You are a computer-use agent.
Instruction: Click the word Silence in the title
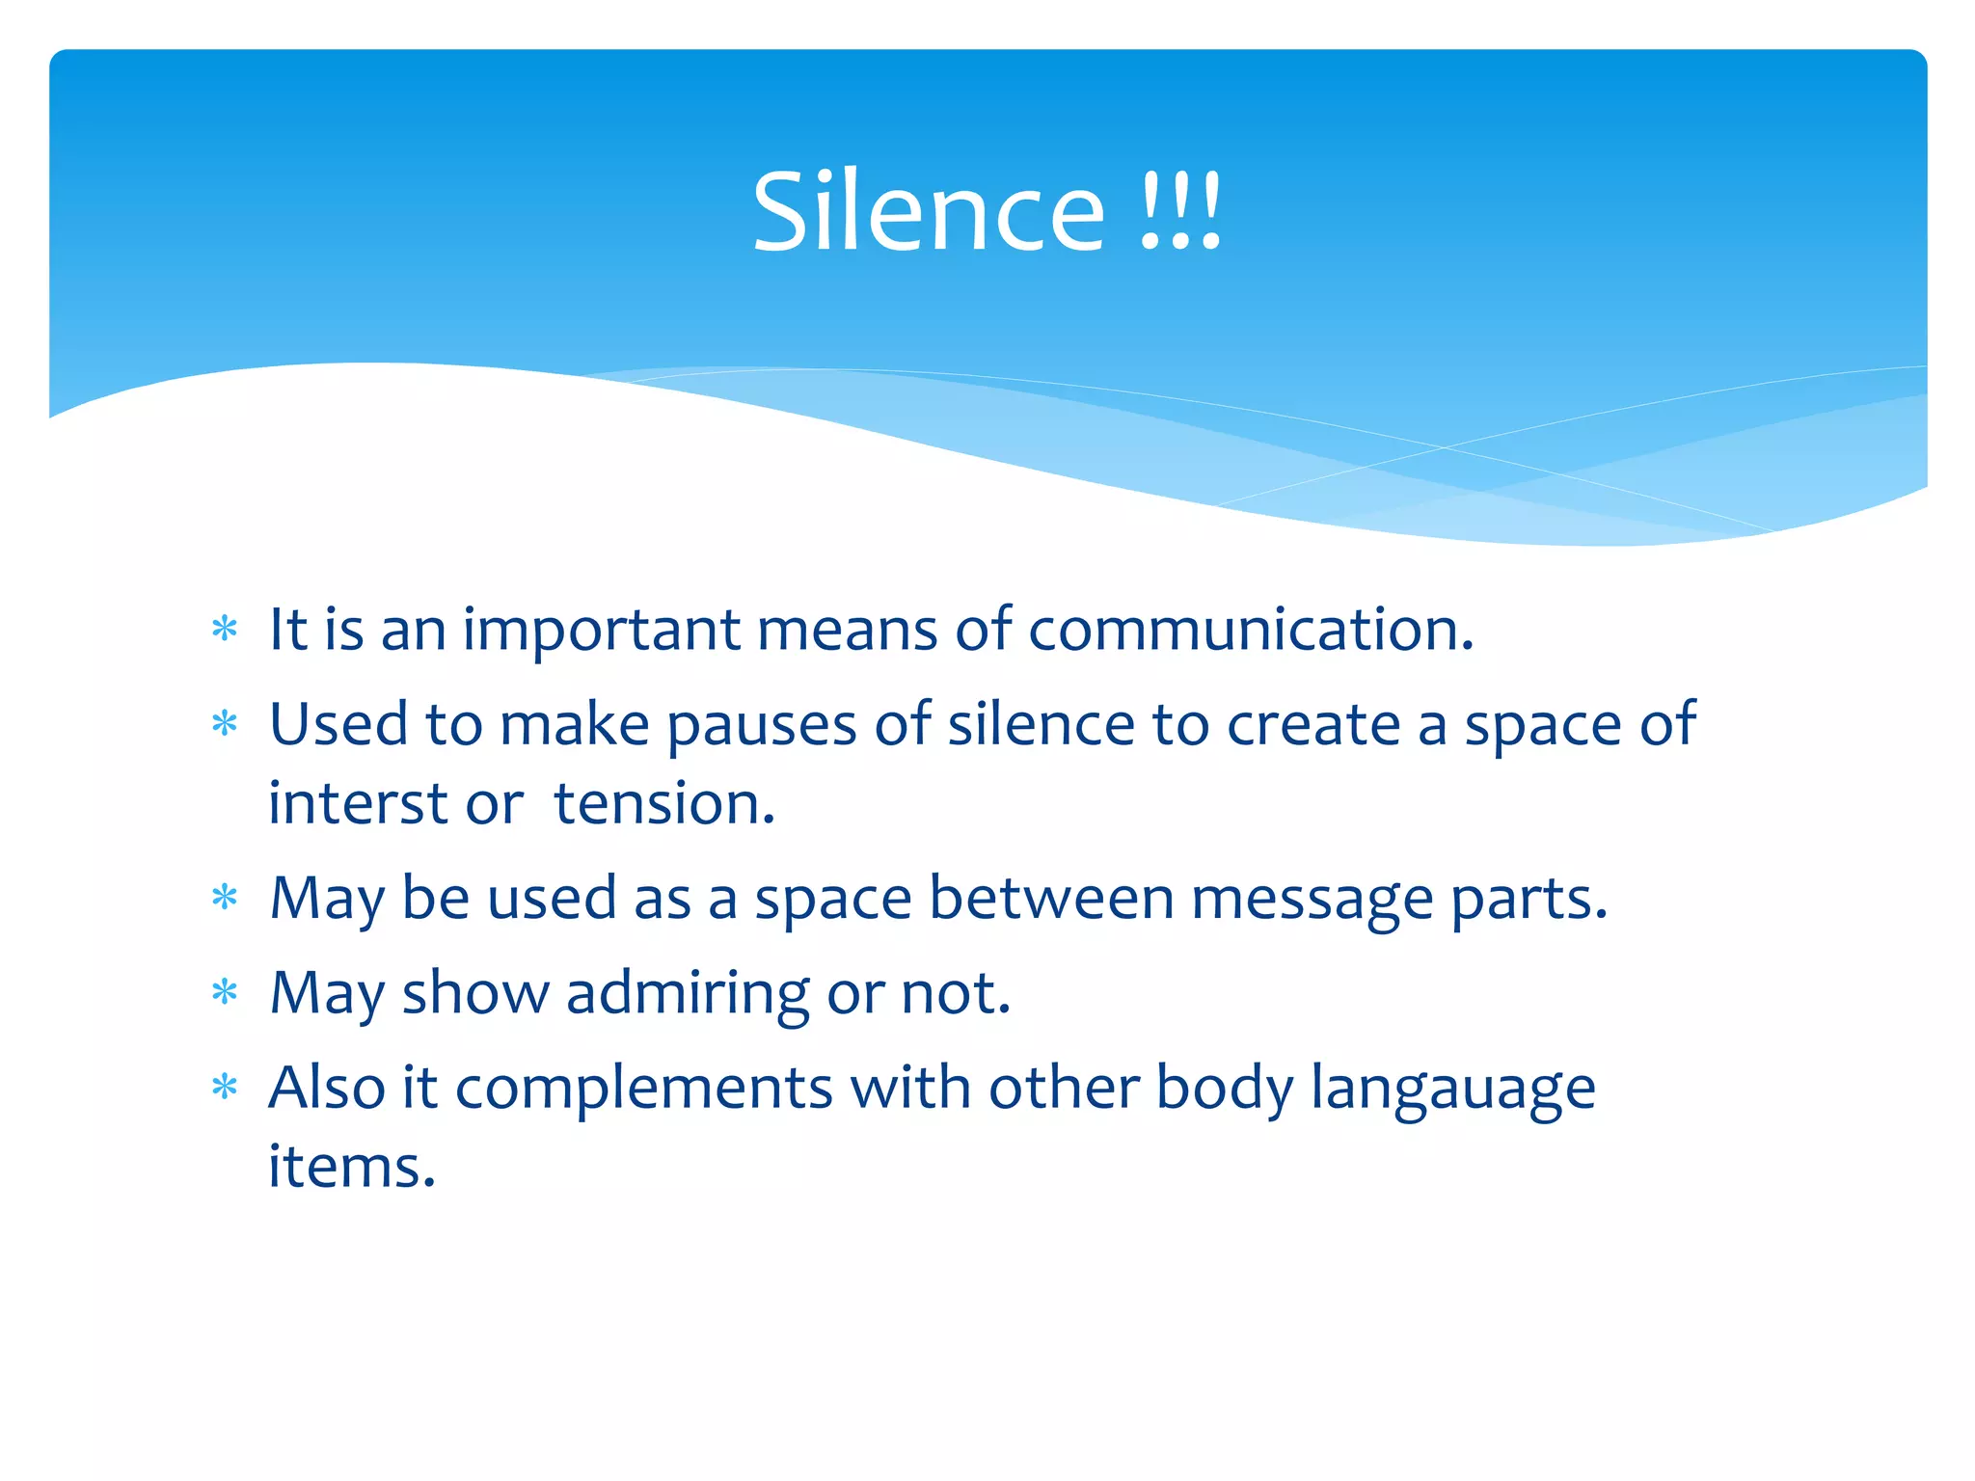point(928,212)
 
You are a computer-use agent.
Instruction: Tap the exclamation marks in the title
point(1180,212)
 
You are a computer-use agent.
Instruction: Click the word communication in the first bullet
point(1251,630)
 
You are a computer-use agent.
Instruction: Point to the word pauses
point(761,725)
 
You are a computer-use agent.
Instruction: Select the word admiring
point(687,993)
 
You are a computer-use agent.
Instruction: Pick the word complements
point(643,1089)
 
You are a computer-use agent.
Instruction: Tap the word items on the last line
point(352,1166)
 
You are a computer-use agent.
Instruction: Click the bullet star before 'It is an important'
point(225,630)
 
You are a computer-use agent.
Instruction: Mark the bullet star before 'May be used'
point(225,898)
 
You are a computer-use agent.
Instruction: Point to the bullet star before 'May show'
point(225,992)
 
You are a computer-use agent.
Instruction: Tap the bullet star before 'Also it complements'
point(225,1088)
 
